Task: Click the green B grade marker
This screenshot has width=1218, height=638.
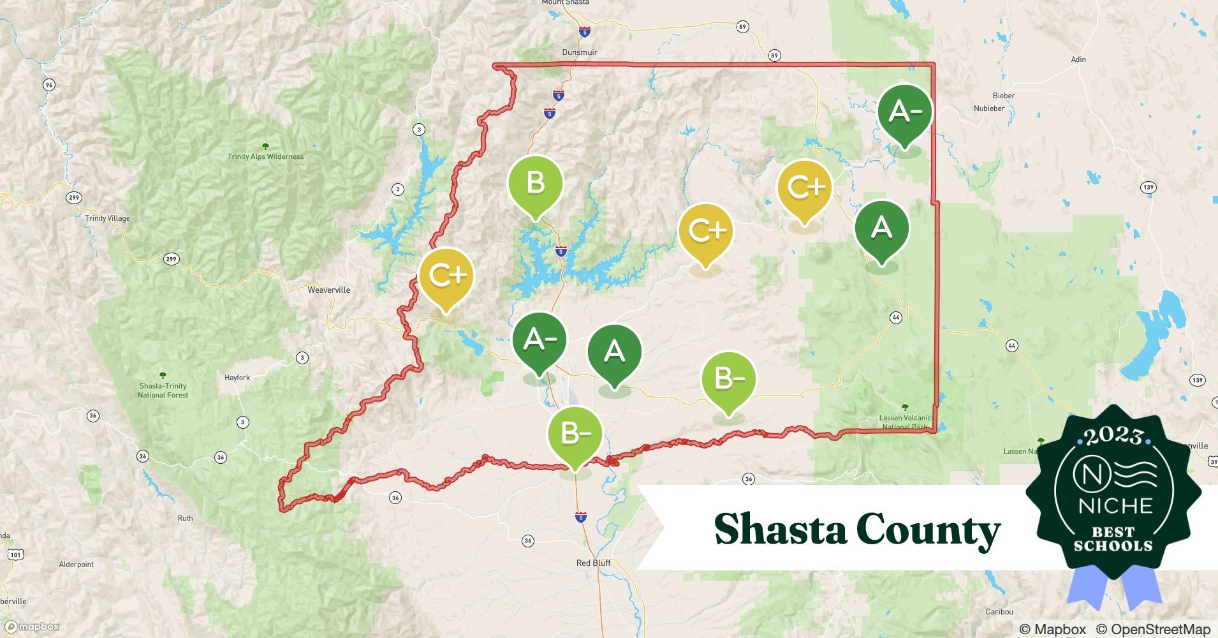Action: (536, 184)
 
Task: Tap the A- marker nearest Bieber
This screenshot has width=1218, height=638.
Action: (904, 112)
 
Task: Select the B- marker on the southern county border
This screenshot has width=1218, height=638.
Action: (575, 434)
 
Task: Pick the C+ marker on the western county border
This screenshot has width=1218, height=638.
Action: (446, 276)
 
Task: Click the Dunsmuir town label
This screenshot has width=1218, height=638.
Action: (580, 52)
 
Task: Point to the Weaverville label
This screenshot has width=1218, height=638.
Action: (328, 290)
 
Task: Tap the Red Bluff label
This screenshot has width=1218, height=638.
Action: (593, 563)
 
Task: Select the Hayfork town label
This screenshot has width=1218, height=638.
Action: (237, 378)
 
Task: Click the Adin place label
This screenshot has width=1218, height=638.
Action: (1078, 59)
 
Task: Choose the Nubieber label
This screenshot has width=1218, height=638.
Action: (989, 108)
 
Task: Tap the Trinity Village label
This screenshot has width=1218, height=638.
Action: (107, 218)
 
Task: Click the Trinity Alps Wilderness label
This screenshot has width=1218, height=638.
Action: (265, 156)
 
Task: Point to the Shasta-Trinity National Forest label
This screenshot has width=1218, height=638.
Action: (163, 390)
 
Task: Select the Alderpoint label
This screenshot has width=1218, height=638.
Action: (76, 565)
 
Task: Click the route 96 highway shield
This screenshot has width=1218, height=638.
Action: (49, 85)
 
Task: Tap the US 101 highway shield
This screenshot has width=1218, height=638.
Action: (15, 554)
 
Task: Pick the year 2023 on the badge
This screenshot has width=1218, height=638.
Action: (1113, 436)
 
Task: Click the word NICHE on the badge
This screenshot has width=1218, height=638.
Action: (1115, 506)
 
